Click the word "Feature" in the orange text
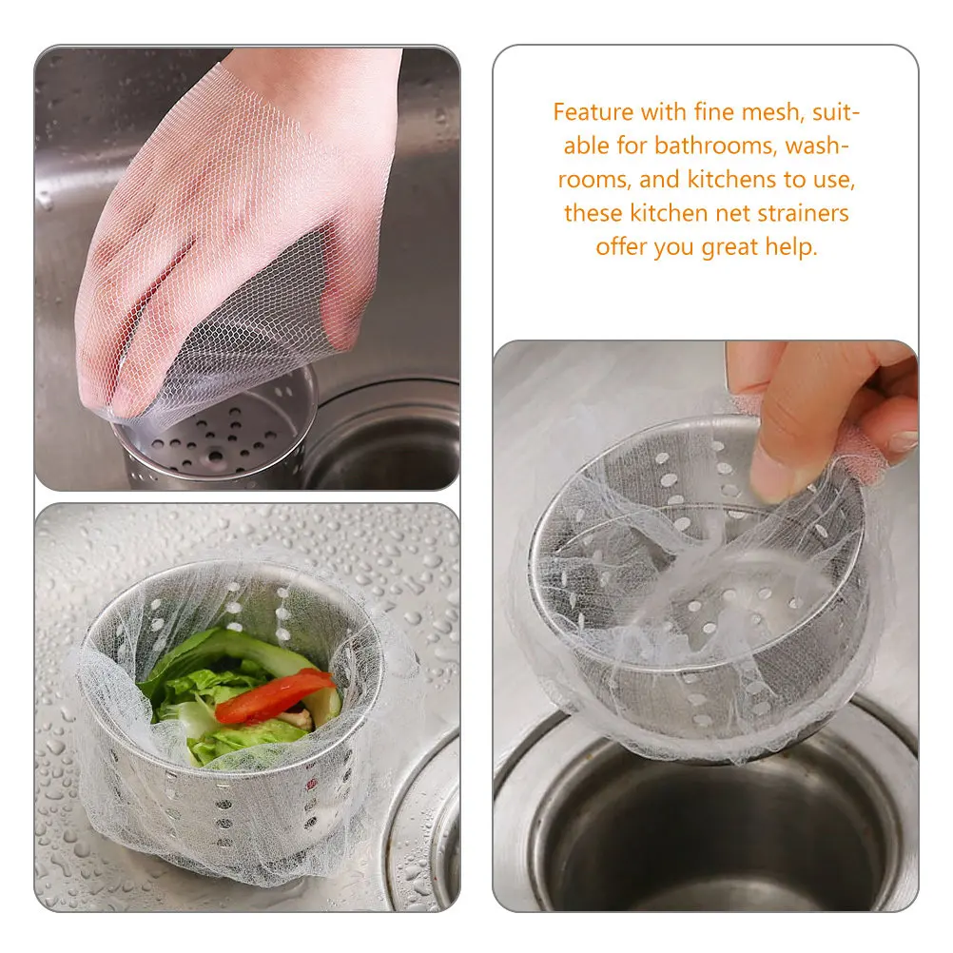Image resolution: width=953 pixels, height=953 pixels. point(593,112)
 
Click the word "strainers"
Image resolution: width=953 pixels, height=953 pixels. point(803,212)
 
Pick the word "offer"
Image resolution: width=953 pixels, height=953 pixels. point(621,246)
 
